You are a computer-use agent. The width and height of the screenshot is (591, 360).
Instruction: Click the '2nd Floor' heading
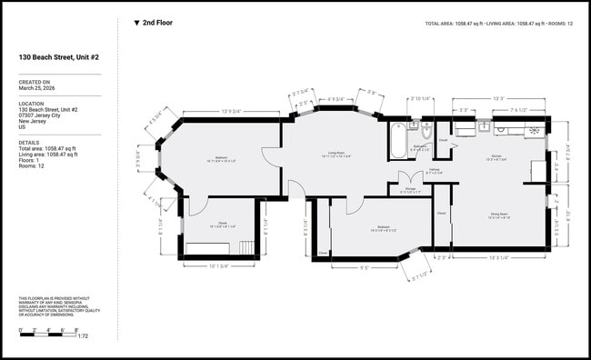pyautogui.click(x=156, y=23)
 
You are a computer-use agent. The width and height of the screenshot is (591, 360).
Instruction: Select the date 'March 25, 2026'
pyautogui.click(x=38, y=88)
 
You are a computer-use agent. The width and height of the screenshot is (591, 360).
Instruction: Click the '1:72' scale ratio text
pyautogui.click(x=82, y=336)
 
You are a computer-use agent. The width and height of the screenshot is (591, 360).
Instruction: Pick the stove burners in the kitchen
pyautogui.click(x=537, y=130)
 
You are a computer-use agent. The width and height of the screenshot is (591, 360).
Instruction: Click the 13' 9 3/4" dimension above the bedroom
pyautogui.click(x=231, y=111)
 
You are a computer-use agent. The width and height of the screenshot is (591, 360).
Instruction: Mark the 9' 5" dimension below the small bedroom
pyautogui.click(x=364, y=267)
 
